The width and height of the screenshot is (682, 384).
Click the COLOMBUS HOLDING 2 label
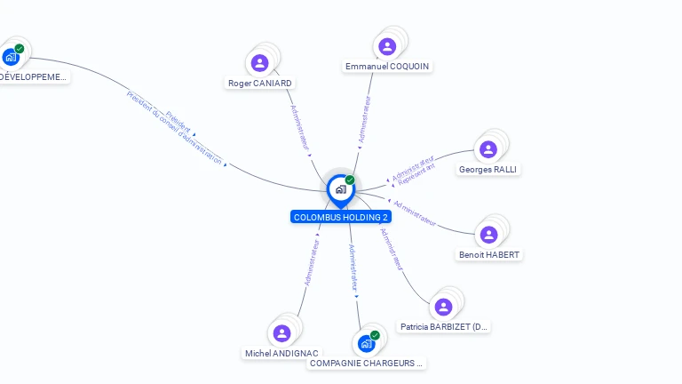(341, 217)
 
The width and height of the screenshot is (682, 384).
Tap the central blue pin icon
(340, 189)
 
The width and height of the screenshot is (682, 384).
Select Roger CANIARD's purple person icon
(259, 62)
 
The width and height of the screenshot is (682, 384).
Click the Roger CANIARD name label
(260, 84)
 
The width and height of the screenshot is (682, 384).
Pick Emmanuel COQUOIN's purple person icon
(387, 46)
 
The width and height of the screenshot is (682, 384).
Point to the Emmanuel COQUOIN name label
(388, 67)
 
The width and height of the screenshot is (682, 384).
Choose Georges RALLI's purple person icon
(488, 149)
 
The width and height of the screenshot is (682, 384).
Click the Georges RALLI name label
(488, 170)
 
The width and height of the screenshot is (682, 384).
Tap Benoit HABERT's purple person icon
(488, 235)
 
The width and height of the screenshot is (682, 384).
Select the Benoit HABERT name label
(488, 255)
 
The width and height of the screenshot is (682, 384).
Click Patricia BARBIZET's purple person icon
(443, 307)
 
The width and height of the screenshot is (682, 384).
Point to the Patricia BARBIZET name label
(443, 327)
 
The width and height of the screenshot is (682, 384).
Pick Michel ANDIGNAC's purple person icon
(282, 333)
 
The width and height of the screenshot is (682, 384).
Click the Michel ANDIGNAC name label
(282, 354)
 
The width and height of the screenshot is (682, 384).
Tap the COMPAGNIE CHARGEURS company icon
(366, 344)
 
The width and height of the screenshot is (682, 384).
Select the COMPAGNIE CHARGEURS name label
(367, 364)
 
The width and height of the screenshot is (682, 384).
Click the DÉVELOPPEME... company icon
(11, 57)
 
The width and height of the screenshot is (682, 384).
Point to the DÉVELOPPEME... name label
(33, 77)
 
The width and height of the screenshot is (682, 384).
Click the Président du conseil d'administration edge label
(175, 129)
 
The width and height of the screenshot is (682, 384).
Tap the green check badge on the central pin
(350, 180)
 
